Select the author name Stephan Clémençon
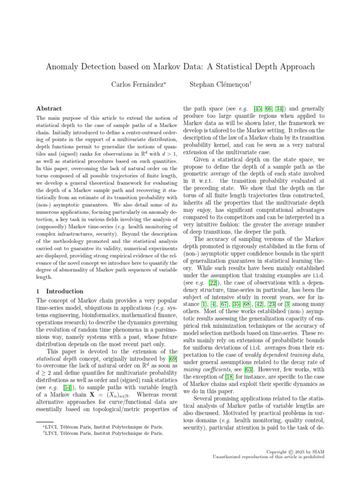tap(213, 84)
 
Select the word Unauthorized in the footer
tap(229, 457)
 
